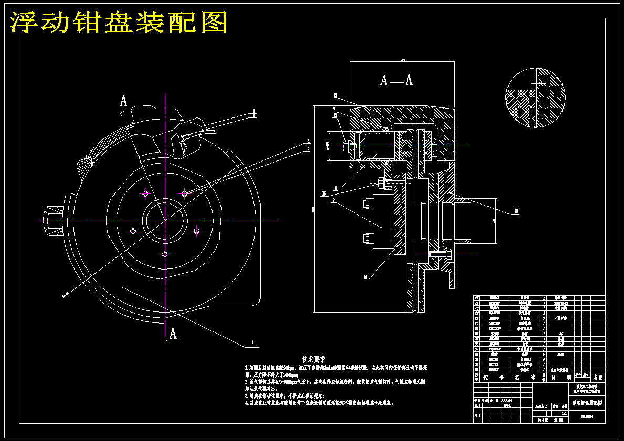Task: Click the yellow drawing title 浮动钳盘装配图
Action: point(119,22)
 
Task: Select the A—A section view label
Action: point(396,80)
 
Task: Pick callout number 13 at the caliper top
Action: point(334,95)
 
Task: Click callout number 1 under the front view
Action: point(252,342)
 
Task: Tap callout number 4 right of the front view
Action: point(309,141)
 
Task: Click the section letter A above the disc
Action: point(123,101)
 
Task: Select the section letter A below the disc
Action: point(173,334)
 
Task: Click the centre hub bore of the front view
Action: point(165,221)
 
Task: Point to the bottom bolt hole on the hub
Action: point(165,254)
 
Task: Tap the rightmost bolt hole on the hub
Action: point(197,231)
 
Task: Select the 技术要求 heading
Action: point(313,359)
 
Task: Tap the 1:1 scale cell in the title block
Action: point(564,413)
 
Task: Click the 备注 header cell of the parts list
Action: point(598,377)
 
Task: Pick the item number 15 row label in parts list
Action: point(477,298)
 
